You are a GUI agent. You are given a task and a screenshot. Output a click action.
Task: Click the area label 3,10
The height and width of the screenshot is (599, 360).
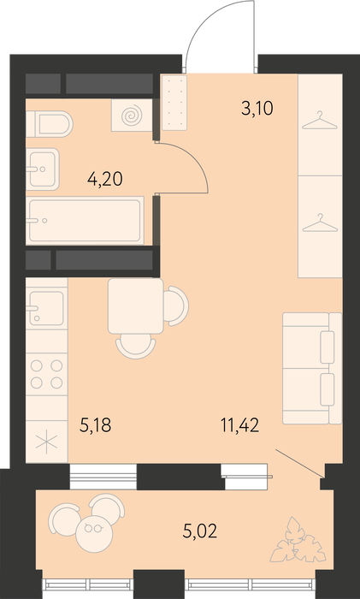[x=257, y=109]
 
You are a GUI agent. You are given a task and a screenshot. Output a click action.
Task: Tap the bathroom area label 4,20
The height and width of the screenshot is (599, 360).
[x=105, y=179]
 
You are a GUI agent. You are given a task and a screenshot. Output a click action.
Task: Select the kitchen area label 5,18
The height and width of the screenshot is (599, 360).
[x=96, y=424]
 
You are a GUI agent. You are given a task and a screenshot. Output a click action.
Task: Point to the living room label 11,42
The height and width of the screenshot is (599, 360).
[x=239, y=424]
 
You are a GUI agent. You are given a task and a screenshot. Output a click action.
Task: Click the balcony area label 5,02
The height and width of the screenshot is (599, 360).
[x=199, y=531]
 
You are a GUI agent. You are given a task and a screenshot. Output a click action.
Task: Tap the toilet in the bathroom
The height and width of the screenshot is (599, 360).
[x=49, y=124]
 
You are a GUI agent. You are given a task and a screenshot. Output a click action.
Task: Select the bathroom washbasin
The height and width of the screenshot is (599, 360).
[x=43, y=169]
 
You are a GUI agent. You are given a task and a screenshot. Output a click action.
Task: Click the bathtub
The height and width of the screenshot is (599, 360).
[x=85, y=221]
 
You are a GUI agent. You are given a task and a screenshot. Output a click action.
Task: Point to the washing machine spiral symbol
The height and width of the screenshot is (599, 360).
[x=132, y=116]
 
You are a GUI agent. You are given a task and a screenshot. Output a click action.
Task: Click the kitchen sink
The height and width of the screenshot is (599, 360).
[x=46, y=308]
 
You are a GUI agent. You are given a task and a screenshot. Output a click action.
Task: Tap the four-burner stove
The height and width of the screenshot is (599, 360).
[x=46, y=375]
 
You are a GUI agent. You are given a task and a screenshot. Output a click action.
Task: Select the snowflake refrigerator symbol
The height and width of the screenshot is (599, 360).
[x=46, y=442]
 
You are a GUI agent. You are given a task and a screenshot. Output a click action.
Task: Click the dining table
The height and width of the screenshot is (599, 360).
[x=135, y=306]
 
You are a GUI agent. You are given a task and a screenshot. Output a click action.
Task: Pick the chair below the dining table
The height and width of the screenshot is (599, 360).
[x=135, y=347]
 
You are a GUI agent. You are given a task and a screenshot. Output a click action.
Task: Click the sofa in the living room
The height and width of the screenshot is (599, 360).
[x=312, y=368]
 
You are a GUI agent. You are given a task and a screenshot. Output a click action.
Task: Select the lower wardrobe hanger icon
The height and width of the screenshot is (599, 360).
[x=320, y=222]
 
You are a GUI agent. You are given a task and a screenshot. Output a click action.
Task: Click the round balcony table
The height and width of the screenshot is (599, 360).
[x=94, y=533]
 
